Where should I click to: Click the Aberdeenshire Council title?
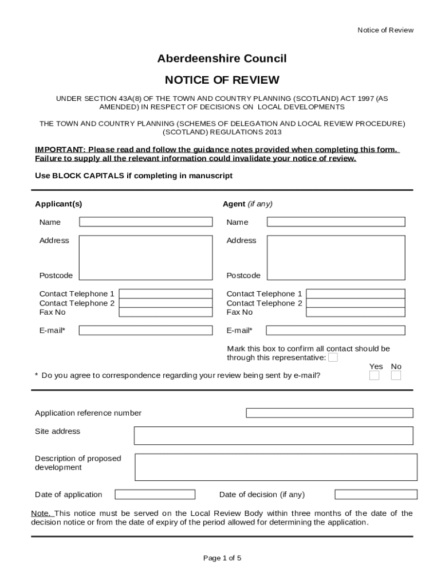click(x=222, y=58)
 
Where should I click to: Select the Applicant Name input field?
click(x=145, y=222)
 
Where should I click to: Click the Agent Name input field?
click(x=336, y=222)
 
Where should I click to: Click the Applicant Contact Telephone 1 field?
click(x=165, y=294)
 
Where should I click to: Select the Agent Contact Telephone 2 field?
click(x=356, y=303)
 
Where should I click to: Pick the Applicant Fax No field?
click(x=165, y=312)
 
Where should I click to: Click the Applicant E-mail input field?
click(x=145, y=330)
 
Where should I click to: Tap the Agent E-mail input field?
click(x=336, y=330)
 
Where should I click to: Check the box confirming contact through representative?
click(x=333, y=358)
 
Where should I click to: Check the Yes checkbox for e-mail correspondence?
click(x=374, y=375)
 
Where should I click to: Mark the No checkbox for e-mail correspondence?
click(x=396, y=375)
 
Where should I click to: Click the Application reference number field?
click(x=329, y=413)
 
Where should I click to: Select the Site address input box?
click(x=273, y=436)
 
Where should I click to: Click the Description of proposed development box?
click(x=275, y=467)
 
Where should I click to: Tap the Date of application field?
click(x=155, y=494)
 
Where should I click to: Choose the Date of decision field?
click(x=376, y=494)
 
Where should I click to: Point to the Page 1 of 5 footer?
click(x=222, y=558)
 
